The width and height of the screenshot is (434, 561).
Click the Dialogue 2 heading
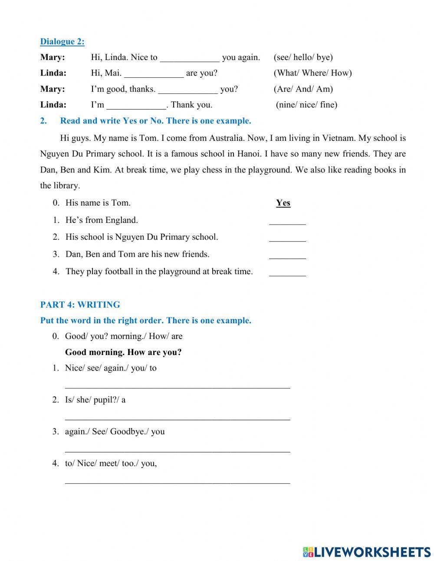[x=62, y=42]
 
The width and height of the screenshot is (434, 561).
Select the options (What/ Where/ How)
[x=312, y=73]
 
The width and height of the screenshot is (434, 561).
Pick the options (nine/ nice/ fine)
[x=306, y=105]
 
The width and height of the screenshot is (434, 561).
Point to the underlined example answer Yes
[x=283, y=203]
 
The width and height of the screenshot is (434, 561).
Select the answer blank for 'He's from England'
[x=287, y=221]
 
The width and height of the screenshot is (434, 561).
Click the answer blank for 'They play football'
[x=287, y=272]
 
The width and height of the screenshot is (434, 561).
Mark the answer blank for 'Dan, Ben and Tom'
[x=287, y=255]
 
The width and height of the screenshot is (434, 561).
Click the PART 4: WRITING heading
[x=80, y=305]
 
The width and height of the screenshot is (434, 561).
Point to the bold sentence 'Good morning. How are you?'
[x=123, y=352]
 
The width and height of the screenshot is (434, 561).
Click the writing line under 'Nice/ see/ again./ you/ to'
[x=177, y=384]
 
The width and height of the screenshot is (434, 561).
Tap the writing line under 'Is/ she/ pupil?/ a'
[x=177, y=416]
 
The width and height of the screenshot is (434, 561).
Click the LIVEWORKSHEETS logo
[x=366, y=552]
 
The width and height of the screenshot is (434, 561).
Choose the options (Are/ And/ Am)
[x=303, y=89]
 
